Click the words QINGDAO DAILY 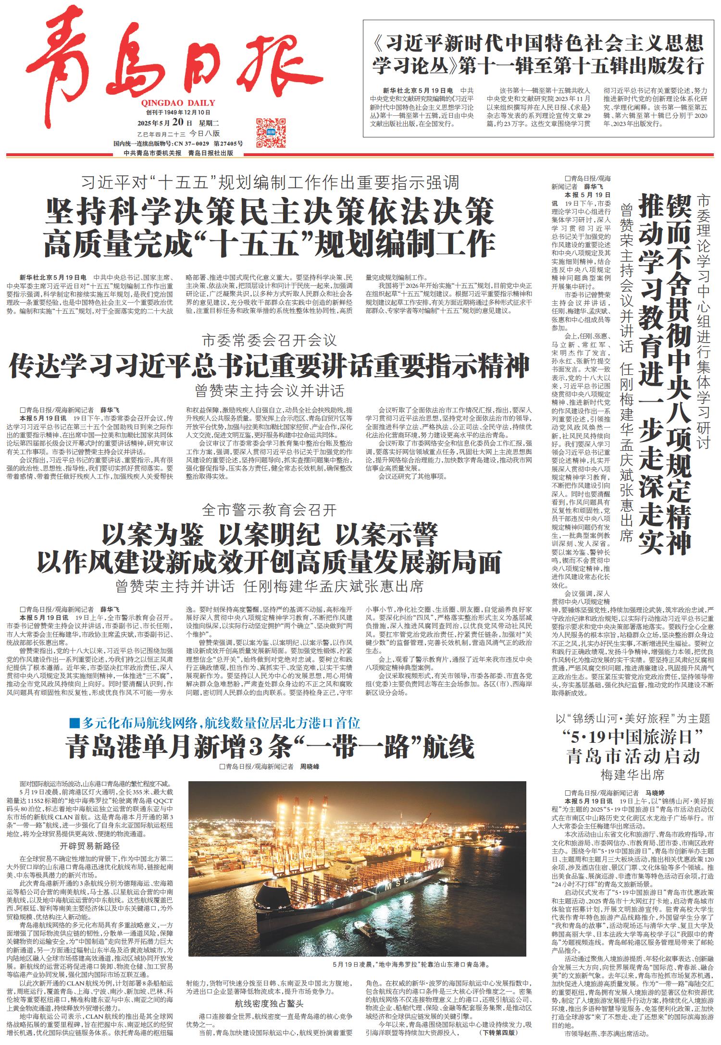click(178, 103)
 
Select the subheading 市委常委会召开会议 click(269, 342)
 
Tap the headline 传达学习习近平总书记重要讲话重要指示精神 click(269, 366)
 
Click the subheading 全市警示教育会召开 click(269, 510)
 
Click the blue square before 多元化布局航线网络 click(74, 723)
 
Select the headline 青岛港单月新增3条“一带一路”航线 click(269, 746)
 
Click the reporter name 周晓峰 click(310, 767)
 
